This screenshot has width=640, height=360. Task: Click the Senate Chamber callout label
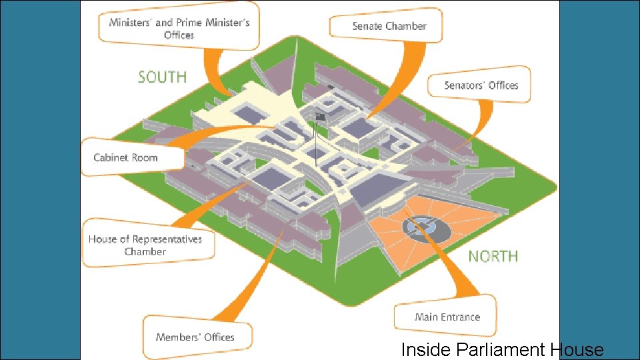pyautogui.click(x=389, y=26)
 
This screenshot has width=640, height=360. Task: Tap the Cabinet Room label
pyautogui.click(x=126, y=157)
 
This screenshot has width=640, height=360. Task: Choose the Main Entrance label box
pyautogui.click(x=447, y=317)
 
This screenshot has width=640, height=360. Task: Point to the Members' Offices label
pyautogui.click(x=195, y=337)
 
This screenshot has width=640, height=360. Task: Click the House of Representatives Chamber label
pyautogui.click(x=145, y=245)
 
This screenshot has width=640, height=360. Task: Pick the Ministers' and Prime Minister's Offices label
pyautogui.click(x=179, y=29)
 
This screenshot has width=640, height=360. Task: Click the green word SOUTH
pyautogui.click(x=162, y=77)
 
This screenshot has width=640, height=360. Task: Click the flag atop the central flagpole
pyautogui.click(x=320, y=117)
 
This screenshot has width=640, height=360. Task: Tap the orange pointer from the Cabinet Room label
pyautogui.click(x=220, y=137)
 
